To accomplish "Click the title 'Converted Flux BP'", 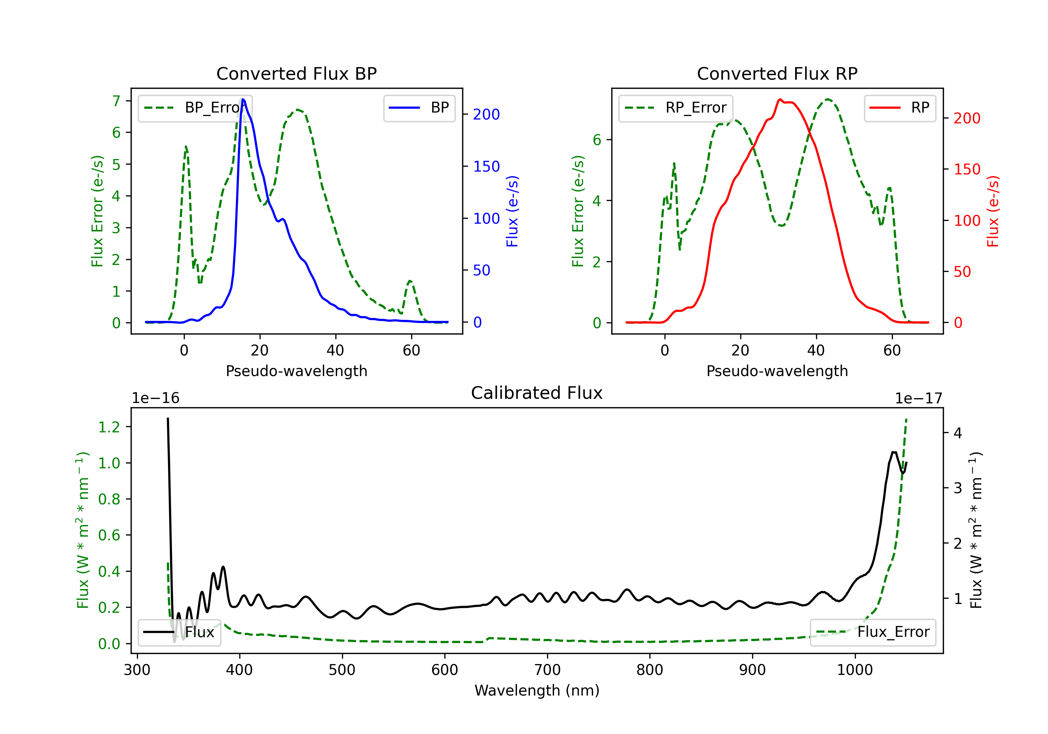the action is coord(296,73).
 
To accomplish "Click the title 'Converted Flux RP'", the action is coord(777,73).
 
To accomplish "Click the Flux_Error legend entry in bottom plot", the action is coord(872,632).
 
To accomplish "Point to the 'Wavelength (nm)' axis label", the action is coord(537,690).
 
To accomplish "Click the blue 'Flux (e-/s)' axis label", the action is coord(512,211).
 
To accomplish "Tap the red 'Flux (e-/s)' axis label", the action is coord(993,211).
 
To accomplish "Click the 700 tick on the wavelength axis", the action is coord(547,670).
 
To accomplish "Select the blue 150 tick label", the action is coord(487,167).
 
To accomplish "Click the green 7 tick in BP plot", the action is coord(116,101).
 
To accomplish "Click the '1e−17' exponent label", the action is coord(918,398).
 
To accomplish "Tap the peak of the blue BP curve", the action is coord(243,99).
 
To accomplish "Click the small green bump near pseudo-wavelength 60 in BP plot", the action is coord(410,281).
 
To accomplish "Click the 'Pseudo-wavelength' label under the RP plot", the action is coord(777,371).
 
